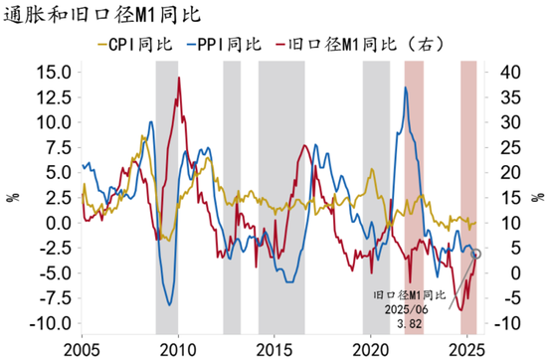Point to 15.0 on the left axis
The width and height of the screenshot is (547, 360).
[53, 72]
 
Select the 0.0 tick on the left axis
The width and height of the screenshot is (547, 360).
[58, 223]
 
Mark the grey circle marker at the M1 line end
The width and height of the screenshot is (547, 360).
[475, 254]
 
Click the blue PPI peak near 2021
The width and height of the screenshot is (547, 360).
[405, 89]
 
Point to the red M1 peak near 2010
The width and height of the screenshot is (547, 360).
[178, 78]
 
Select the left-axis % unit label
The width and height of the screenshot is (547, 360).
[13, 197]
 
